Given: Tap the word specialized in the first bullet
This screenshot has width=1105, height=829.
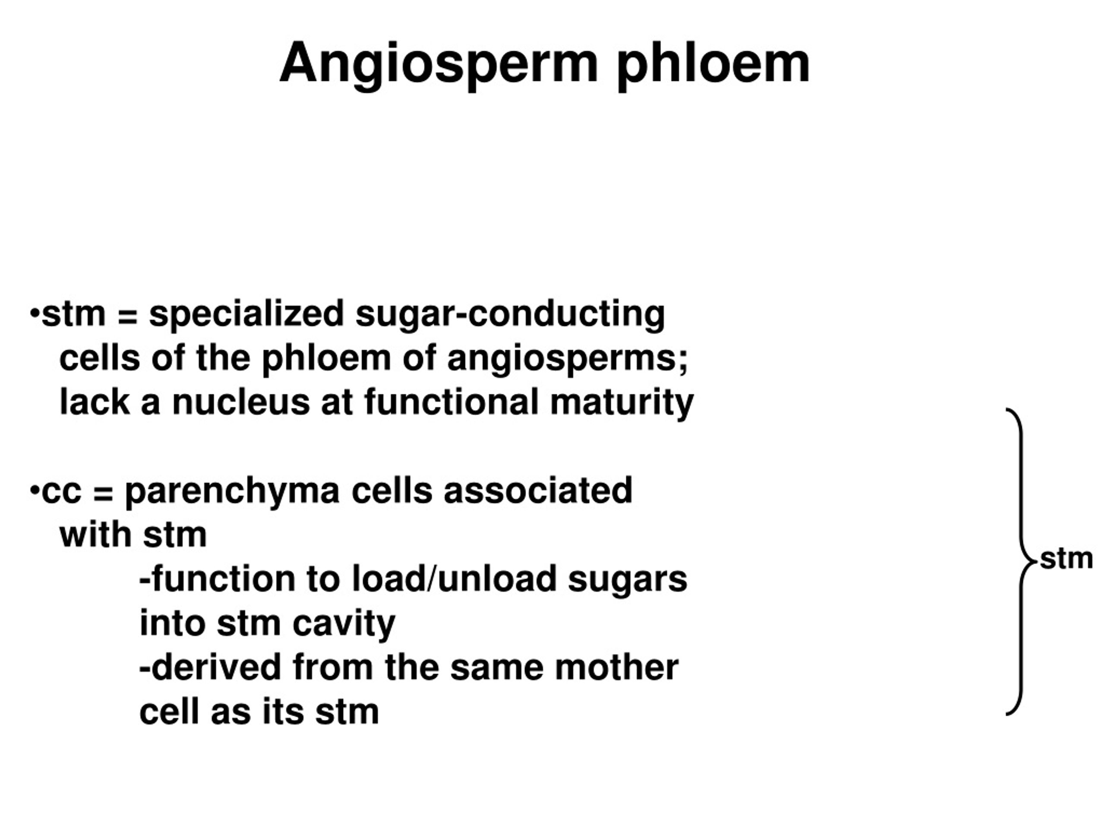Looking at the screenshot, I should [246, 315].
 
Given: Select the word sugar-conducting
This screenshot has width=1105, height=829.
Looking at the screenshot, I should [510, 315].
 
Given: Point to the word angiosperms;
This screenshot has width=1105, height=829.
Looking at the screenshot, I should [568, 359].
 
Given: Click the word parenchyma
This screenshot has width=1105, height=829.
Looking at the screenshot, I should [232, 491].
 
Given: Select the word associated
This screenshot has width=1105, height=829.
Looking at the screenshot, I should [538, 491].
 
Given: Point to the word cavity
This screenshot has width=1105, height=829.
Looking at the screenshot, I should [344, 623].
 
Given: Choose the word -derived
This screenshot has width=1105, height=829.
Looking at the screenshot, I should [210, 668].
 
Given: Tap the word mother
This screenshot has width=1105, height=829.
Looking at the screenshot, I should [616, 668].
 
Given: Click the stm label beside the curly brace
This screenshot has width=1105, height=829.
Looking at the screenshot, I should [1066, 559].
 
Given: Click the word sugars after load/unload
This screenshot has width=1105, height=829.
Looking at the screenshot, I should [628, 579].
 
